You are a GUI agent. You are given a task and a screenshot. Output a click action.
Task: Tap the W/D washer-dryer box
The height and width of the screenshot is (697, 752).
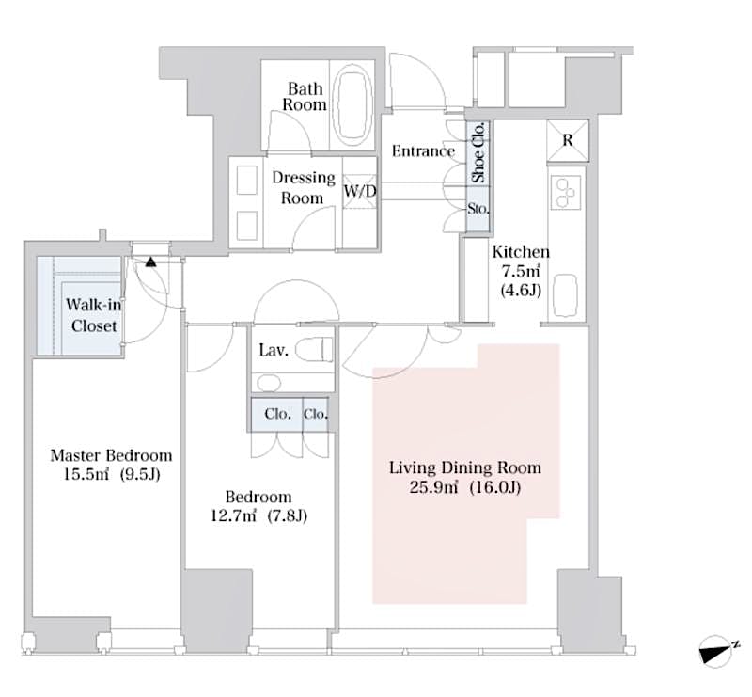click(359, 192)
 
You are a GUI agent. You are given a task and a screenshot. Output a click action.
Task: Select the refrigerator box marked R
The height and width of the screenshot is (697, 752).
click(568, 141)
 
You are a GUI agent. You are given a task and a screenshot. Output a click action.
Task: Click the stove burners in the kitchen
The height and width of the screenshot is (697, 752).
click(567, 193)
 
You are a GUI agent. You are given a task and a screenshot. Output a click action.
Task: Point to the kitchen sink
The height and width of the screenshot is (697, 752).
click(567, 295)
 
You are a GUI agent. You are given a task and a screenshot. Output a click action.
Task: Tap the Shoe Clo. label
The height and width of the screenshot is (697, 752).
click(478, 152)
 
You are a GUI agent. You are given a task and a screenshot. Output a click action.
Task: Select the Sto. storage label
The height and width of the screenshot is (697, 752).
click(478, 209)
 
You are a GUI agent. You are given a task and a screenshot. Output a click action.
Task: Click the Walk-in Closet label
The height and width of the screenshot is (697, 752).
click(92, 315)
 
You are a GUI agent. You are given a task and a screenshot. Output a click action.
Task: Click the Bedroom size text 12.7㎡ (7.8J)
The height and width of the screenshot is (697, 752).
click(258, 515)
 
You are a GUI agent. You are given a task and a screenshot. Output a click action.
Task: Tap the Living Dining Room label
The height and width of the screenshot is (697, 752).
click(465, 467)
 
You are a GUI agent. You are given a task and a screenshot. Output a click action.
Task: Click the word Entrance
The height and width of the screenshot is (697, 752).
click(423, 151)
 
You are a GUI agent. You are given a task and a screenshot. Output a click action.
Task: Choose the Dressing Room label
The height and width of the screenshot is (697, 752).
click(303, 187)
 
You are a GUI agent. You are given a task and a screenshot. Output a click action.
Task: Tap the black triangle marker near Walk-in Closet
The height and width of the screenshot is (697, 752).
click(150, 261)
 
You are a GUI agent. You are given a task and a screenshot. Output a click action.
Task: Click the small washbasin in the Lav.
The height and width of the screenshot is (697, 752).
click(268, 383)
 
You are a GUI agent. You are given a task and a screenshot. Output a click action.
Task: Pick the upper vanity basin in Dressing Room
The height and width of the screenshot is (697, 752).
click(247, 180)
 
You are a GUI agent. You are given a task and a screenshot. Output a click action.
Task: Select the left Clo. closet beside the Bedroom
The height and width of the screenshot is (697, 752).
click(275, 413)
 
